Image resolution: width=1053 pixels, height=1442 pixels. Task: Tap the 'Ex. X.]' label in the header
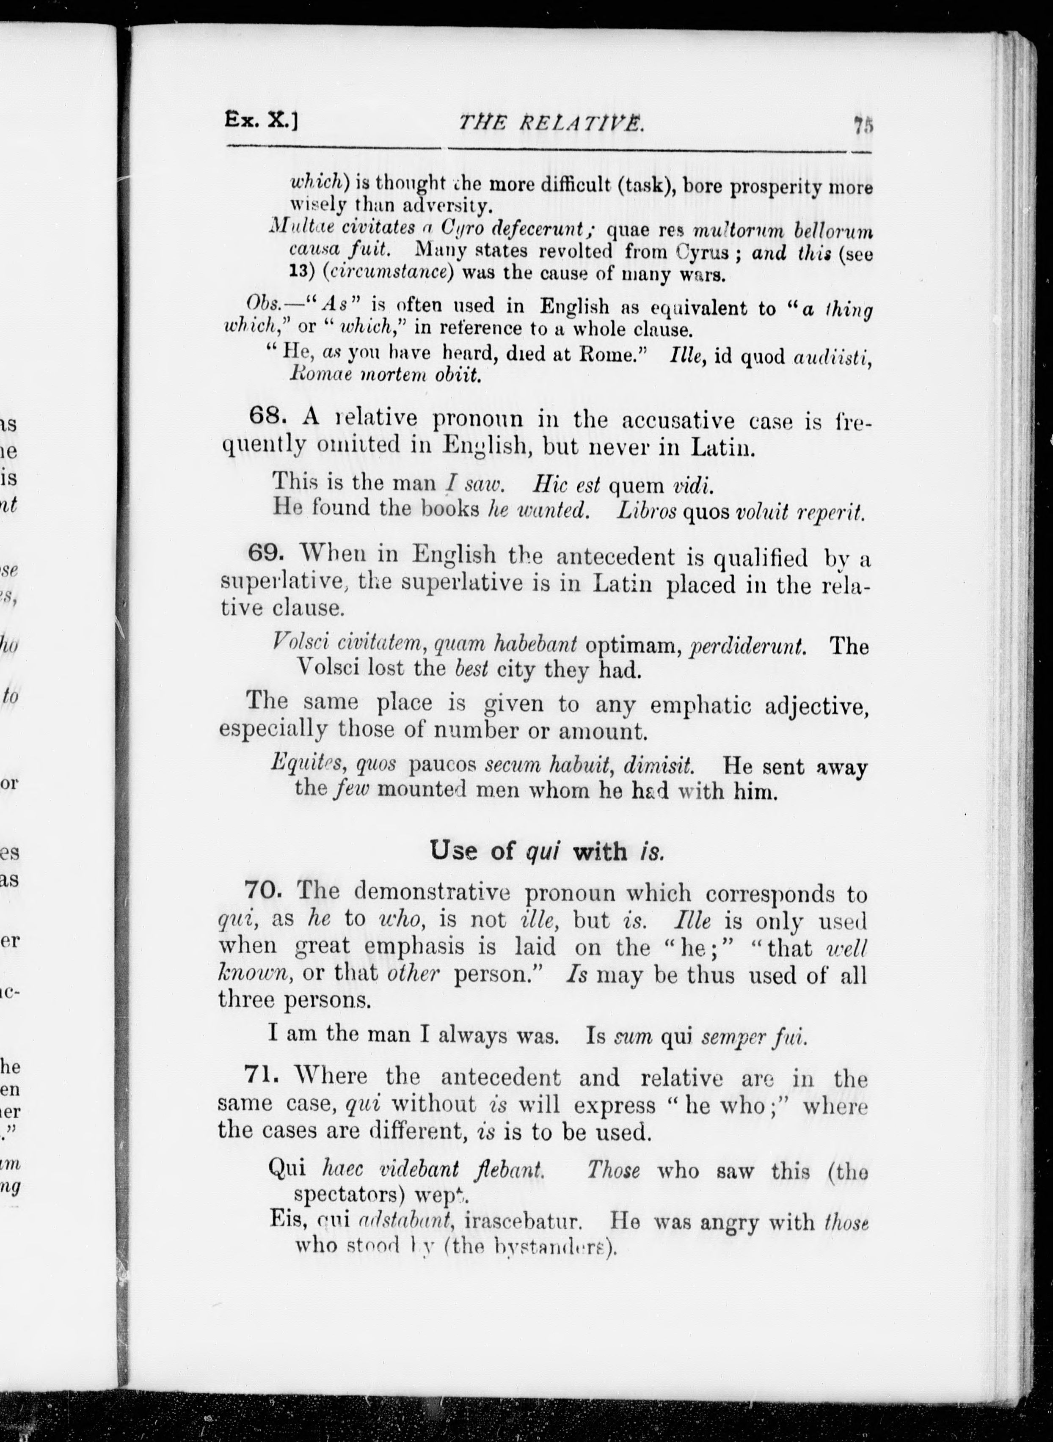point(261,119)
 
